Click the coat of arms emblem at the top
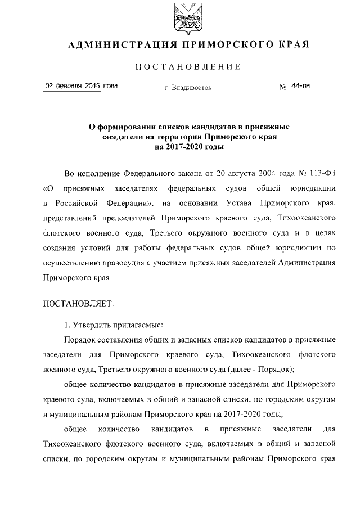pyautogui.click(x=186, y=17)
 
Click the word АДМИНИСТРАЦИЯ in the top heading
pyautogui.click(x=115, y=44)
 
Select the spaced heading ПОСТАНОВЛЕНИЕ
pyautogui.click(x=188, y=67)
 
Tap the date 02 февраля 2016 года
pyautogui.click(x=81, y=86)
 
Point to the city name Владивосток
pyautogui.click(x=191, y=88)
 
